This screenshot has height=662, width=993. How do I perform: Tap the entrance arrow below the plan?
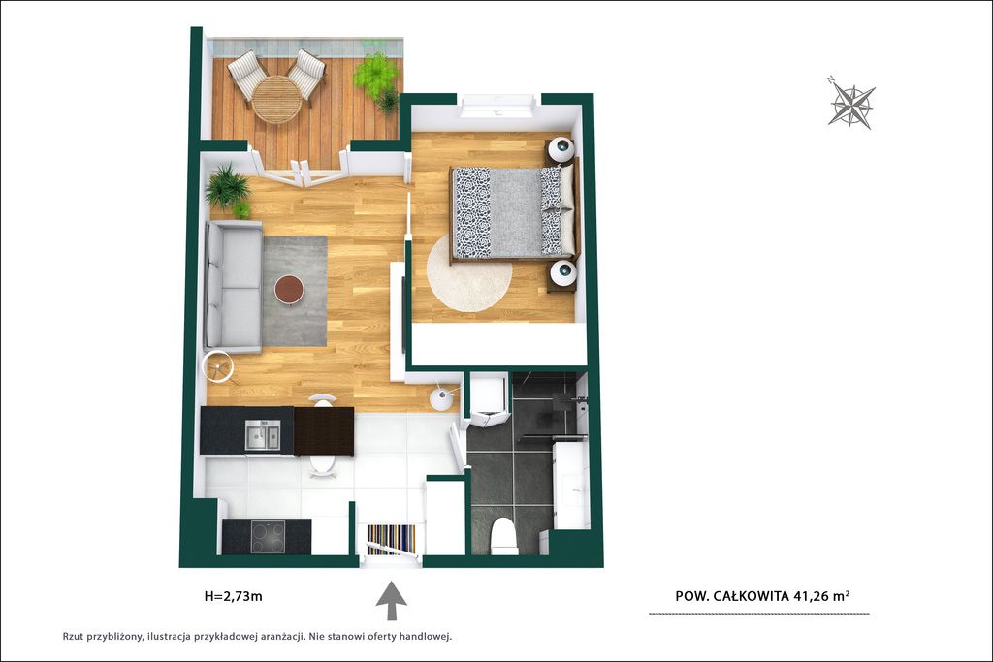[x=392, y=601]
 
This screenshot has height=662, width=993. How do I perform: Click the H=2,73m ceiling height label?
[x=233, y=596]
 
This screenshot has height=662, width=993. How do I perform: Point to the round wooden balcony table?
[x=276, y=100]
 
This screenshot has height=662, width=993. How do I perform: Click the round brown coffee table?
[x=289, y=290]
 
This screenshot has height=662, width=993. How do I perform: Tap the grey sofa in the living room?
[x=233, y=287]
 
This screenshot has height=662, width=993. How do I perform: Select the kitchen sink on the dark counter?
[x=262, y=435]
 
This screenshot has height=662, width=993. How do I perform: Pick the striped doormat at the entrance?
[x=392, y=539]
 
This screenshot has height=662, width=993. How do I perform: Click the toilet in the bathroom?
[x=504, y=536]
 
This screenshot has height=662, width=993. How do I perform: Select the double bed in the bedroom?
[x=514, y=212]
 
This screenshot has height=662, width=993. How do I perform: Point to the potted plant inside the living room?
[x=228, y=189]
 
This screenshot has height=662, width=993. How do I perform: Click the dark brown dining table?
[x=324, y=431]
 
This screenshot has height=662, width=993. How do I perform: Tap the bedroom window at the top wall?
[x=498, y=106]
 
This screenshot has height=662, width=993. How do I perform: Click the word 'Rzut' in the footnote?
[x=74, y=637]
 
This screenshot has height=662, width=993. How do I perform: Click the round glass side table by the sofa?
[x=218, y=365]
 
